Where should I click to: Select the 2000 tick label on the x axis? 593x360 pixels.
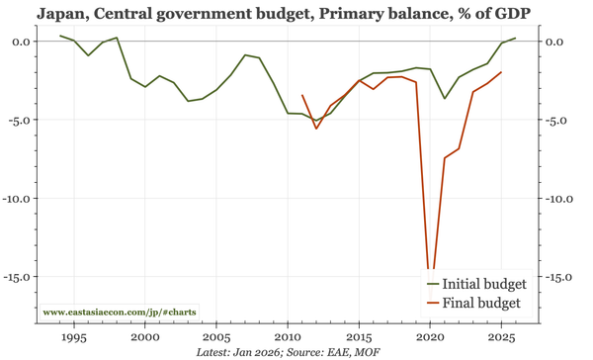pos(145,336)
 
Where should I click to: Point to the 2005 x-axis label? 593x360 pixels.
pos(216,336)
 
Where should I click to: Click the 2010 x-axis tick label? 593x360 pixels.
pos(288,336)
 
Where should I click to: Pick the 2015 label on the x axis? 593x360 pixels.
pos(359,336)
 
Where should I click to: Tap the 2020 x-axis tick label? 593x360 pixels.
pos(430,336)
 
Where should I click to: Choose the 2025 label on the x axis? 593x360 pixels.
pos(501,336)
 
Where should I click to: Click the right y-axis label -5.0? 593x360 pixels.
pos(559,120)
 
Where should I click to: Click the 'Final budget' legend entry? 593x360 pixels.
pos(475,303)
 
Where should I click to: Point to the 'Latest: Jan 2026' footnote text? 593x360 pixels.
pos(237,352)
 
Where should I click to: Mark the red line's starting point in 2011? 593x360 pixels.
pos(302,95)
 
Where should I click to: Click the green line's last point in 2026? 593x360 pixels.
pos(516,38)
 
